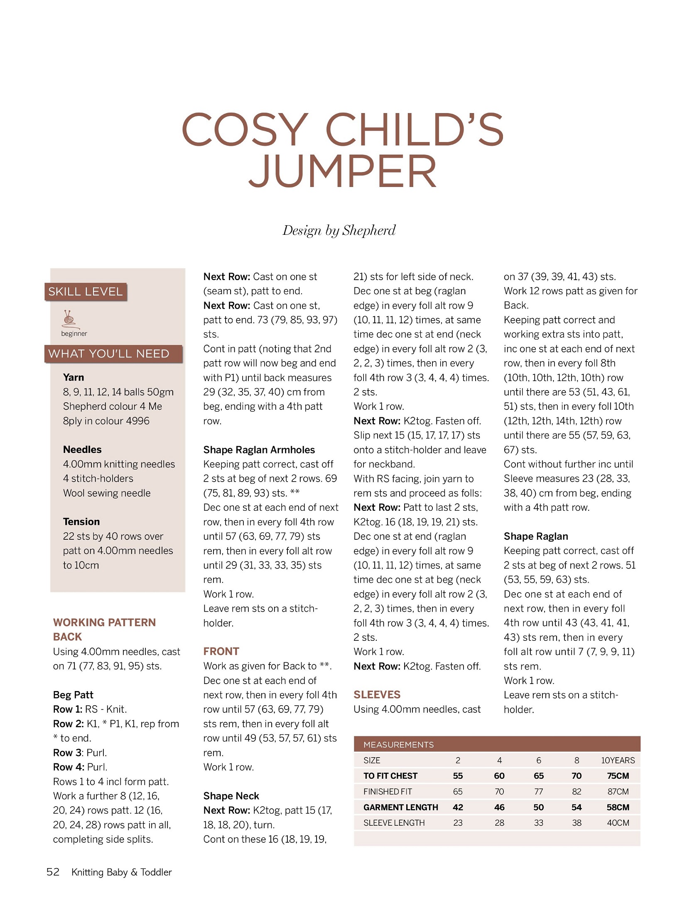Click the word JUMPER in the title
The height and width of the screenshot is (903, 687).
pos(343,171)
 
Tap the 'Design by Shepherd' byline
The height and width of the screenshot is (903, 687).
pos(339,230)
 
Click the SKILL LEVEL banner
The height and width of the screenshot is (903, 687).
pos(86,292)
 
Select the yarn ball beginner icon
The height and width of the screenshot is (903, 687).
pos(69,319)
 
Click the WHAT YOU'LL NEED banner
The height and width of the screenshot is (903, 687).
pos(109,354)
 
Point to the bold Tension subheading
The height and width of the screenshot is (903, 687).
pos(81,522)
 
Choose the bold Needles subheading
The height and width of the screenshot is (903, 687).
pos(82,449)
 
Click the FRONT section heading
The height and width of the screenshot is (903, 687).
pos(221,651)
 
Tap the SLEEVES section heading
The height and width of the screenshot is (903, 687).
pos(377,694)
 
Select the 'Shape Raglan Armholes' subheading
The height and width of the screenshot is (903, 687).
pos(259,450)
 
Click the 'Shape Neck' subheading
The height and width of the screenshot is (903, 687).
pos(231,796)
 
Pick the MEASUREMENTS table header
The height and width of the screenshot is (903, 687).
pos(398,745)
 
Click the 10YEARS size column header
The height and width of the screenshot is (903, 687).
pos(618,760)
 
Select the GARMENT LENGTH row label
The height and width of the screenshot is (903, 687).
pos(400,807)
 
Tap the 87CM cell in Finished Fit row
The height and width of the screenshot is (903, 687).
pos(618,792)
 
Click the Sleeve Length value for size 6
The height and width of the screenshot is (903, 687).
pos(538,823)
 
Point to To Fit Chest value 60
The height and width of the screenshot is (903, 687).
pos(499,776)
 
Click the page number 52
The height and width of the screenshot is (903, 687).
pos(53,872)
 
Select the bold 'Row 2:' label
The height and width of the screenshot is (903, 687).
pos(69,723)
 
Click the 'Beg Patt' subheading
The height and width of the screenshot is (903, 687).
pos(73,695)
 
